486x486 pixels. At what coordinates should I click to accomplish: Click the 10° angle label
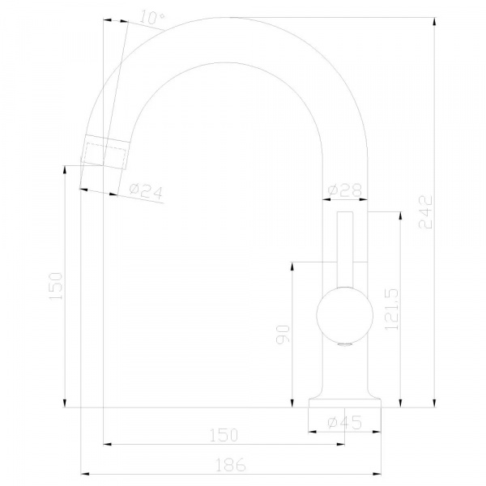(152, 17)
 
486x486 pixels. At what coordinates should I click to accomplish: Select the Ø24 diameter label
(146, 191)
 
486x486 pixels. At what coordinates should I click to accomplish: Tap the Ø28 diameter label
(345, 190)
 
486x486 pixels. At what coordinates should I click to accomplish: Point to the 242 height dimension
(425, 211)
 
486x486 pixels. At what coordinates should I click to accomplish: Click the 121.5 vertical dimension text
(391, 309)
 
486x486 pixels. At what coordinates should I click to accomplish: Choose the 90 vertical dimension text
(283, 334)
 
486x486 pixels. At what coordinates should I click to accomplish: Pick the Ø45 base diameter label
(345, 422)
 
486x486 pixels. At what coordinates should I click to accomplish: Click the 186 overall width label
(231, 465)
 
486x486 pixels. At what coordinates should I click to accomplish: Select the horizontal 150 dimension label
(224, 435)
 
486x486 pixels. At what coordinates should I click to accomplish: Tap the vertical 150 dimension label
(56, 286)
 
